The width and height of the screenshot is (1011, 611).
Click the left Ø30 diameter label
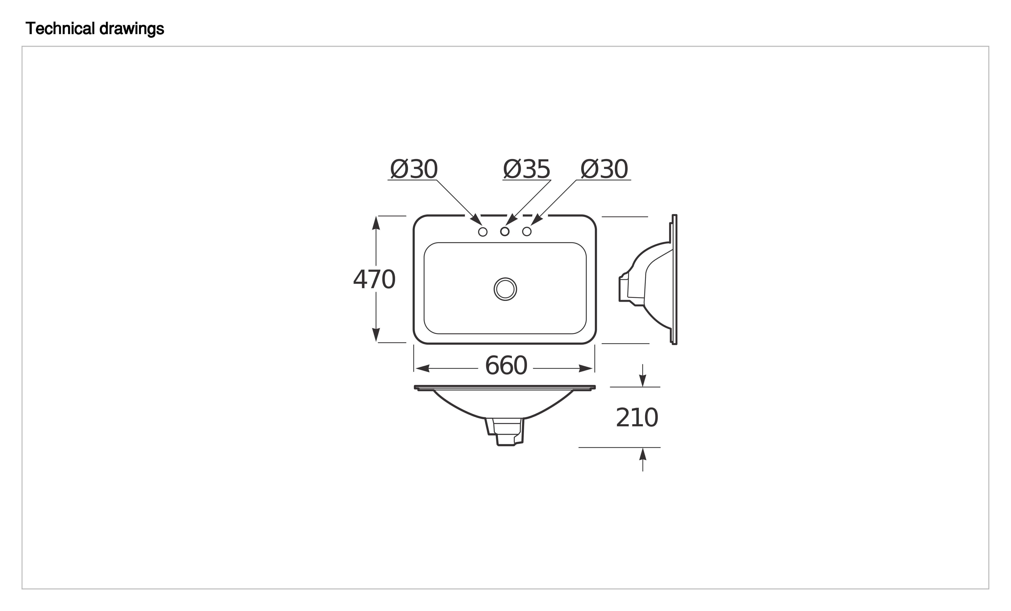(414, 169)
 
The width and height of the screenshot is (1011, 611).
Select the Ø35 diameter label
(527, 169)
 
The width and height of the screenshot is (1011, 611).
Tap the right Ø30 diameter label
(604, 169)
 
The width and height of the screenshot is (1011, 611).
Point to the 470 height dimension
(374, 280)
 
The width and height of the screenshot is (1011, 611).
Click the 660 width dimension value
(506, 366)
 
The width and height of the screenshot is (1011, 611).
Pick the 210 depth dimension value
(637, 418)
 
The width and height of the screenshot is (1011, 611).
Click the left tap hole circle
(483, 232)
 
